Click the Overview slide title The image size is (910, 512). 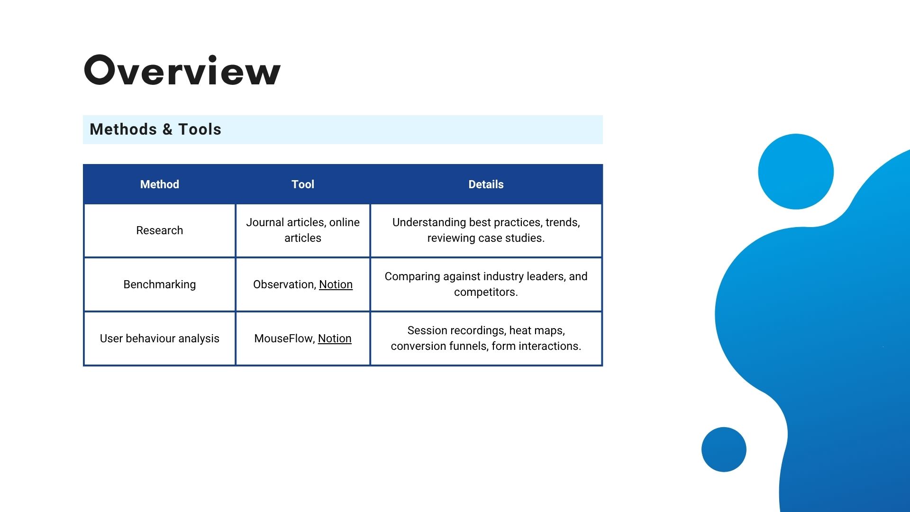pyautogui.click(x=182, y=70)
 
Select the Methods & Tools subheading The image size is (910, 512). pyautogui.click(x=155, y=129)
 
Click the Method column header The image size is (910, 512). pyautogui.click(x=160, y=184)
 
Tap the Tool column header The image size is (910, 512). pyautogui.click(x=303, y=184)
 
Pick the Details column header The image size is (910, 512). pyautogui.click(x=486, y=184)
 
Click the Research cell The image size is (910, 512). pyautogui.click(x=160, y=230)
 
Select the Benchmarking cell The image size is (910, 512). pyautogui.click(x=160, y=284)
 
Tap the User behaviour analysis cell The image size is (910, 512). pyautogui.click(x=160, y=338)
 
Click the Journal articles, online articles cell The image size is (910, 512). pyautogui.click(x=303, y=230)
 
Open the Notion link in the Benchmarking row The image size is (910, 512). pyautogui.click(x=336, y=284)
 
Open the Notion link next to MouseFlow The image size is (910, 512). pyautogui.click(x=335, y=338)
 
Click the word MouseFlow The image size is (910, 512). pyautogui.click(x=283, y=338)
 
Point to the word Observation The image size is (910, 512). pyautogui.click(x=283, y=284)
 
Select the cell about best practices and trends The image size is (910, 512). pyautogui.click(x=486, y=230)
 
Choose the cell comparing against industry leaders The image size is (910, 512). pyautogui.click(x=486, y=284)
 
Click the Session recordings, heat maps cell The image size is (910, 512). pyautogui.click(x=486, y=338)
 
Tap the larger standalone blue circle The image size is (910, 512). pyautogui.click(x=796, y=172)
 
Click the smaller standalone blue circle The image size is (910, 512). pyautogui.click(x=724, y=449)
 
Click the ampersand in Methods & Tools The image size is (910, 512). pyautogui.click(x=167, y=129)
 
